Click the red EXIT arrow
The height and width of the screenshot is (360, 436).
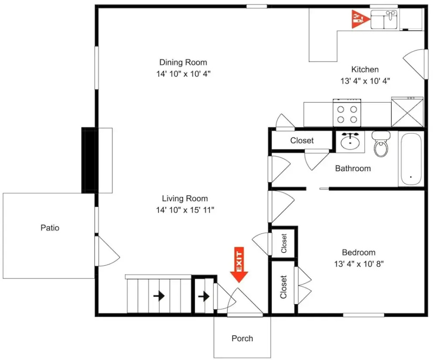pos(239,264)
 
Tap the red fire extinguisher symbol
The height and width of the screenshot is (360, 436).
pos(360,19)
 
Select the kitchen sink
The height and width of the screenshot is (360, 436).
pos(384,20)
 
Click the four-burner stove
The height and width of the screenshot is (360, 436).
pos(347,112)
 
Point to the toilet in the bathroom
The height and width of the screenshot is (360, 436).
pos(381,144)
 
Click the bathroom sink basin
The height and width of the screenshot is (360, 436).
pos(350,142)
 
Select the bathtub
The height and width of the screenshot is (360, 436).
pos(411,159)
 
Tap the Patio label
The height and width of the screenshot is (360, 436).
pos(50,228)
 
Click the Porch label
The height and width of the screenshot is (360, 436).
pos(242,338)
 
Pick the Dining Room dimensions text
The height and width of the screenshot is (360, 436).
pos(183,74)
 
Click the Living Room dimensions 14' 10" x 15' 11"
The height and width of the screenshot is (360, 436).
pos(185,210)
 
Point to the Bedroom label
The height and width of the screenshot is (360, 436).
pos(359,252)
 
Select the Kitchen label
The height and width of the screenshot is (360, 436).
pos(365,69)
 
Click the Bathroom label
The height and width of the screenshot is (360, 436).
pos(353,168)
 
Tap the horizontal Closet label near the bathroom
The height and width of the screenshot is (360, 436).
pos(302,140)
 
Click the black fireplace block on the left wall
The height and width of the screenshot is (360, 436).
pos(88,160)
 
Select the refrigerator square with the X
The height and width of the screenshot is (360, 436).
pos(407,112)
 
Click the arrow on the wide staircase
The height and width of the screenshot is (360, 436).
pos(159,296)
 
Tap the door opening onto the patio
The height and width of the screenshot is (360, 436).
pos(107,251)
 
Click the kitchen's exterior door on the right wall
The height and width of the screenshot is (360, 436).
pos(415,64)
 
